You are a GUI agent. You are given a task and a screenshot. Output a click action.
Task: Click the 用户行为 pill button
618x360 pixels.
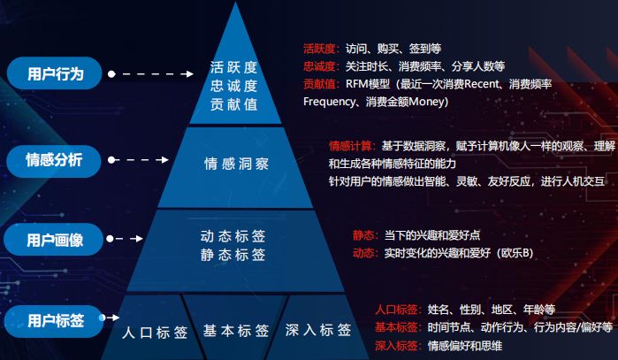[x=55, y=73]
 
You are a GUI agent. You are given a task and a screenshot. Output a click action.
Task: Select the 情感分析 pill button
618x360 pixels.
[x=54, y=160]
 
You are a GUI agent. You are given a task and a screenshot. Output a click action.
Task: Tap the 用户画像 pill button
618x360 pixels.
[x=54, y=240]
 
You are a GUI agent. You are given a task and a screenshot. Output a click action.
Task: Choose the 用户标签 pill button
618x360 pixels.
[x=55, y=321]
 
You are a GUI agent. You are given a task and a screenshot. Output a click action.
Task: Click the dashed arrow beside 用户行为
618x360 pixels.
[x=151, y=73]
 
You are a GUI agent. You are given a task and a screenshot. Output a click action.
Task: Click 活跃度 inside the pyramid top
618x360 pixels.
[x=233, y=67]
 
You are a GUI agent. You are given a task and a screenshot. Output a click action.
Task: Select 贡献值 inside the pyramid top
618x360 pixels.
[x=233, y=104]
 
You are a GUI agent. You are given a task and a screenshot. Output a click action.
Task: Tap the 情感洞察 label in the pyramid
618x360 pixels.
[x=236, y=164]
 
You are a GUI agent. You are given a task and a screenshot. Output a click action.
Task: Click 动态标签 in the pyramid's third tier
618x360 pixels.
[x=233, y=236]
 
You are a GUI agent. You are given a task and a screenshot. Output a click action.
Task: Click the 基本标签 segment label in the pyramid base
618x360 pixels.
[x=236, y=331]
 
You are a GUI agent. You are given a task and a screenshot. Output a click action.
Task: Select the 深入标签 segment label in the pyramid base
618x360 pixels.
[x=318, y=330]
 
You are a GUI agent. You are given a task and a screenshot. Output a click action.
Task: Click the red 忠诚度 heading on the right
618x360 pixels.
[x=319, y=66]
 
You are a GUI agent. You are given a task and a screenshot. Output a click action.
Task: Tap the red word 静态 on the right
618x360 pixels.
[x=363, y=235]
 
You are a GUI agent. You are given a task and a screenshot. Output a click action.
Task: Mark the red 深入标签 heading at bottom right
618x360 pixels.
[x=396, y=346]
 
